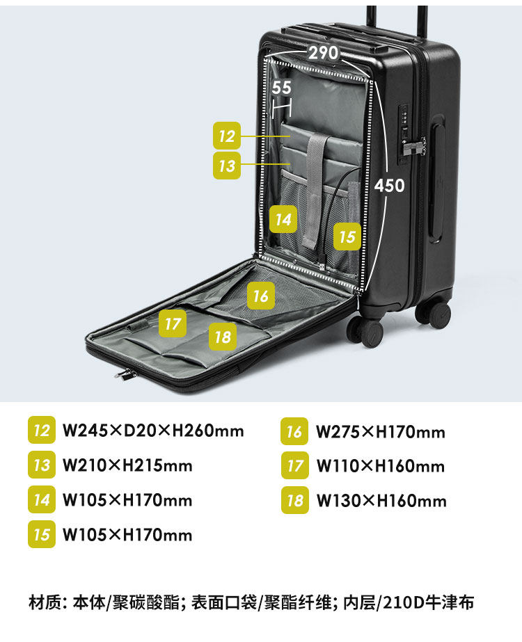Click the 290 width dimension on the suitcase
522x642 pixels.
tap(323, 53)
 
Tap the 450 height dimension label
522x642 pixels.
tap(389, 186)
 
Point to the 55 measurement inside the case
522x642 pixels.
tap(281, 88)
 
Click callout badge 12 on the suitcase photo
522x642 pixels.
tap(227, 136)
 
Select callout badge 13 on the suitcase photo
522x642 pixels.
tap(227, 167)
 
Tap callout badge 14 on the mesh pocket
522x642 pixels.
tap(283, 220)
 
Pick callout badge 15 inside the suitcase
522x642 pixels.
tap(347, 236)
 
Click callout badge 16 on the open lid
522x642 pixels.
tap(260, 296)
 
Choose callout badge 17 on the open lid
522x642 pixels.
tap(173, 323)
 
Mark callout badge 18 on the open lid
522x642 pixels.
tap(223, 337)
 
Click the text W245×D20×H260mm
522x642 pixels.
tap(153, 431)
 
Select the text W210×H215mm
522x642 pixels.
tap(127, 465)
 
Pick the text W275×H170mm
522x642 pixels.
tap(380, 432)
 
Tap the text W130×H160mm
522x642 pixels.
tap(381, 501)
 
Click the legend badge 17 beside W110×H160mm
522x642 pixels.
tap(295, 465)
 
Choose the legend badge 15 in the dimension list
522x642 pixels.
tap(42, 534)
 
